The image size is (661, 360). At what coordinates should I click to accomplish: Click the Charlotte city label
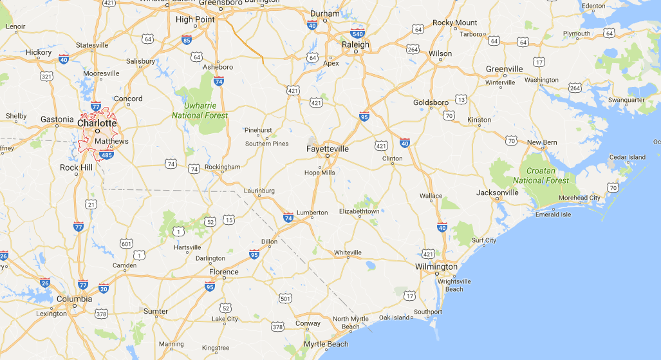click(97, 122)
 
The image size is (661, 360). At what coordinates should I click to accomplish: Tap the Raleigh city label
click(355, 45)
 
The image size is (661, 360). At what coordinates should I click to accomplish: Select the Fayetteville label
click(328, 149)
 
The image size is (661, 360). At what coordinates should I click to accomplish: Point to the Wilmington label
click(436, 267)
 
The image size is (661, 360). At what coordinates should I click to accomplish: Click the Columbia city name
click(74, 299)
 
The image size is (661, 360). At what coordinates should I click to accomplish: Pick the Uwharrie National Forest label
click(200, 110)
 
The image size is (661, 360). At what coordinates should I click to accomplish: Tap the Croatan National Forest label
click(541, 176)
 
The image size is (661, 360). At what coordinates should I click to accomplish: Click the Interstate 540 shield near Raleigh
click(358, 33)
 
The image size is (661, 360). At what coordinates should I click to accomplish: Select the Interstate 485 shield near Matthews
click(107, 155)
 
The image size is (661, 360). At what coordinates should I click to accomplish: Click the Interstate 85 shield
click(187, 40)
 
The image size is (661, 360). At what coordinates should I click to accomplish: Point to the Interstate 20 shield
click(104, 289)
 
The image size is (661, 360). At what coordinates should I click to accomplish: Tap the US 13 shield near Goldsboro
click(461, 99)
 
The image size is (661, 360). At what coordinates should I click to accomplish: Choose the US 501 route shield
click(286, 298)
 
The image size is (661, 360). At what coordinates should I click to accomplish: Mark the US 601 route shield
click(126, 243)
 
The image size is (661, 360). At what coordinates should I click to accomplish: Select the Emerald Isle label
click(553, 214)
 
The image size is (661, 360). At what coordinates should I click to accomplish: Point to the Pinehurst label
click(259, 129)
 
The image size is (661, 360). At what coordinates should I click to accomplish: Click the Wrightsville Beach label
click(454, 285)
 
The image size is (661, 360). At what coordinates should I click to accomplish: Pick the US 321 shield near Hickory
click(46, 76)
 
